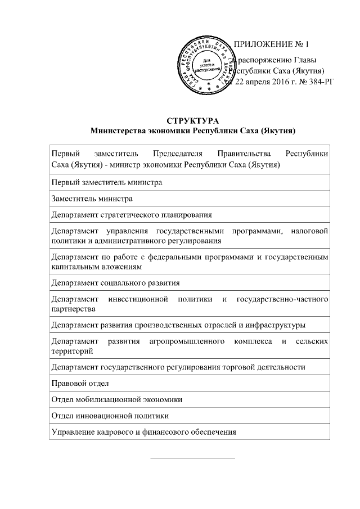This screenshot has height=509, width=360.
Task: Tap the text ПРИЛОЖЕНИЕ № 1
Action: click(x=271, y=44)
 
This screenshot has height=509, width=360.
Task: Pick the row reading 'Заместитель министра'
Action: click(x=92, y=199)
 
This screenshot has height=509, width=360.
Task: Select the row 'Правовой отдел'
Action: click(x=80, y=383)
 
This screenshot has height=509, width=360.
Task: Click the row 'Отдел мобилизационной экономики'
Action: click(x=116, y=399)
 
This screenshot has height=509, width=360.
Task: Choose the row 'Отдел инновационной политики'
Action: click(x=110, y=416)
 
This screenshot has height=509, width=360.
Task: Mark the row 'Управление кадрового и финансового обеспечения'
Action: click(x=143, y=432)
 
